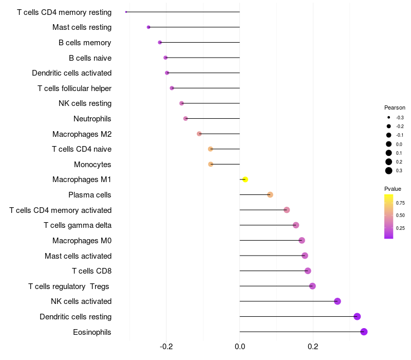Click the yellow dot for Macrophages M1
(245, 179)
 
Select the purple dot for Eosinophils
(364, 332)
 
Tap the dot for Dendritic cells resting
(357, 316)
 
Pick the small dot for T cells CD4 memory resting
(126, 12)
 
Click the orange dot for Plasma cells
(270, 195)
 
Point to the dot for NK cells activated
(338, 301)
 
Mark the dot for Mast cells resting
(148, 27)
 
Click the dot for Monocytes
(211, 164)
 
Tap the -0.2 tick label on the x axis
(166, 347)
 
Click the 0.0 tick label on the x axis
(239, 347)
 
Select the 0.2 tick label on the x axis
(313, 347)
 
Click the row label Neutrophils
(92, 119)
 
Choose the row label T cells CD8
(92, 271)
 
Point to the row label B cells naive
(90, 58)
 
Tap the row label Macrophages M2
(82, 134)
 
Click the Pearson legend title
(395, 107)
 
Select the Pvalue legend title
(393, 189)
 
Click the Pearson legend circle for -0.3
(389, 118)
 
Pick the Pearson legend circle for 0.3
(389, 171)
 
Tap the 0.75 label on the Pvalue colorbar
(400, 203)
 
